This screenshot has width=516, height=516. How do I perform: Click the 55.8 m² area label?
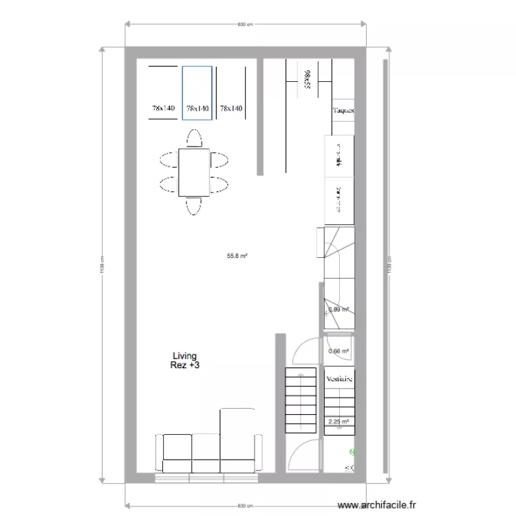tap(237, 255)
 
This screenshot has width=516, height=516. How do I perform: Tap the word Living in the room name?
tap(184, 356)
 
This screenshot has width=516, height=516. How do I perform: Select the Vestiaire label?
tap(340, 378)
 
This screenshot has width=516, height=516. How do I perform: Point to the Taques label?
tap(343, 110)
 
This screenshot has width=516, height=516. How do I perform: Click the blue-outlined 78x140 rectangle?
tap(197, 93)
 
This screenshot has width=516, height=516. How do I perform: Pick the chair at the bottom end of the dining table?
tap(193, 206)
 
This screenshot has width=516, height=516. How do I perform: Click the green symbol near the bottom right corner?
tap(352, 453)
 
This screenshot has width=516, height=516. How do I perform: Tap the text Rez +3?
tap(184, 366)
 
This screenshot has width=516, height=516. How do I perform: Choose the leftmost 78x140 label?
tap(164, 109)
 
